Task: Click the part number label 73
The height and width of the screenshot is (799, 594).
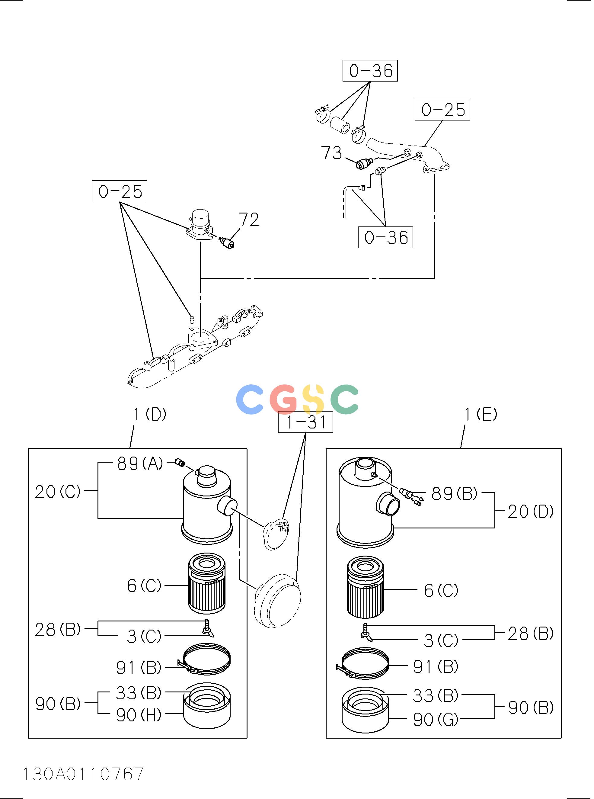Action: click(x=331, y=152)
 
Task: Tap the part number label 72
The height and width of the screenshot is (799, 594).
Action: click(x=249, y=220)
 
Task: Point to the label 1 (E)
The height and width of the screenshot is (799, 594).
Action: click(x=481, y=414)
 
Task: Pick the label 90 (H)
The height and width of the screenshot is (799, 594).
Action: click(x=139, y=715)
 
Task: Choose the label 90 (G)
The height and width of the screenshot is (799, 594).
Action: click(x=436, y=719)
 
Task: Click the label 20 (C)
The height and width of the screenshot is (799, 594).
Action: click(x=58, y=491)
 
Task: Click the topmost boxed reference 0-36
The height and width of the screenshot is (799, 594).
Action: click(x=370, y=71)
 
